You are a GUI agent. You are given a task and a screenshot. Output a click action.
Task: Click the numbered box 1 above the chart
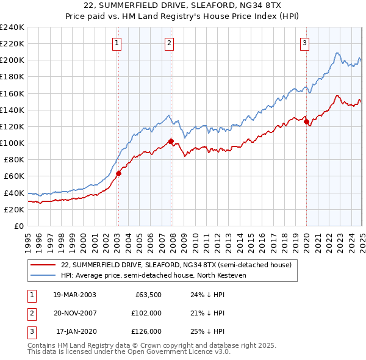click(116, 43)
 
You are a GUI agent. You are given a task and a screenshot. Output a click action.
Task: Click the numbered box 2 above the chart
click(169, 43)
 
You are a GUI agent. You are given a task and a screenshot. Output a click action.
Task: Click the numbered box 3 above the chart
click(304, 43)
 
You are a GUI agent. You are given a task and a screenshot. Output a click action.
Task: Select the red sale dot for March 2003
click(118, 173)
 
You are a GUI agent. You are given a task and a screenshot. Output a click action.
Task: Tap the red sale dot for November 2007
click(171, 142)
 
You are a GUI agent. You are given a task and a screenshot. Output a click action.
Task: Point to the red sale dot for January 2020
click(306, 121)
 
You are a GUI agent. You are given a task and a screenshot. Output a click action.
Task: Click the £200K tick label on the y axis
click(12, 60)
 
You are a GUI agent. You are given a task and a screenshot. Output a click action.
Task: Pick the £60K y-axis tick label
click(15, 176)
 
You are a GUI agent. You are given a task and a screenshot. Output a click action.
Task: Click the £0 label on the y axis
click(20, 226)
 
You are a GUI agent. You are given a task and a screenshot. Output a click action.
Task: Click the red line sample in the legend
click(43, 265)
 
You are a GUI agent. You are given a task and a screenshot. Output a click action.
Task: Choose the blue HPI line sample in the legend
click(43, 275)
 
